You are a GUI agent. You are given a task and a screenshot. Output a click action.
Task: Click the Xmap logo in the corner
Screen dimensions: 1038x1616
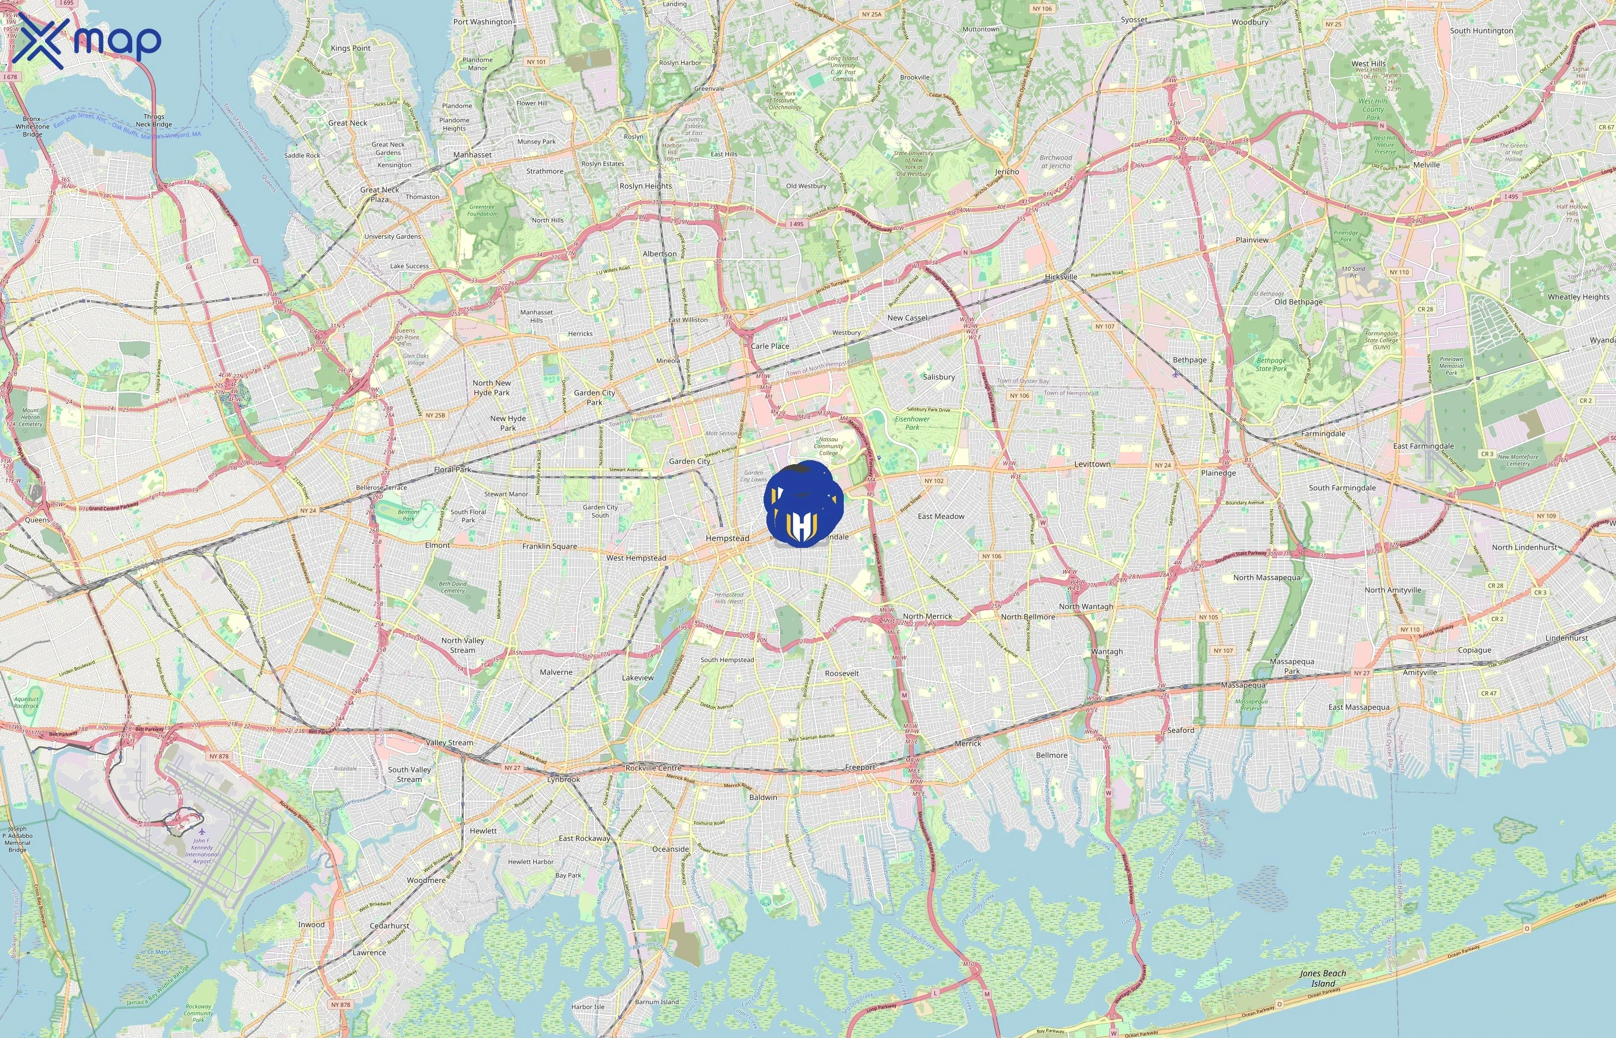coord(87,40)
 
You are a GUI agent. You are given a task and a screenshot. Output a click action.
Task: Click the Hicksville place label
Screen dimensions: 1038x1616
coord(1061,276)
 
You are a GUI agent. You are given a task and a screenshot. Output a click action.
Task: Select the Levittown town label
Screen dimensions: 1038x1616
coord(1092,464)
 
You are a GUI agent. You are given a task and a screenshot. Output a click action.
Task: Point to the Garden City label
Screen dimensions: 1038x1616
coord(689,461)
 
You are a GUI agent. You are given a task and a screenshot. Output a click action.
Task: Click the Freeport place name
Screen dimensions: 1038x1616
coord(860,767)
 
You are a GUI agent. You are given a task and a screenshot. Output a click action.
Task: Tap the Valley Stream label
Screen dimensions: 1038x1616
coord(449,742)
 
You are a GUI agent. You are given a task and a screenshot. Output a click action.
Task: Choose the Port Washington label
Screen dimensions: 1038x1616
coord(482,21)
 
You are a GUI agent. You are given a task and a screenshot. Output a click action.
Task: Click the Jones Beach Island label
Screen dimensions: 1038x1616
coord(1323,978)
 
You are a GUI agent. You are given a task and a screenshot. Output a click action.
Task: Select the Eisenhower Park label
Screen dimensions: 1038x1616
coord(912,423)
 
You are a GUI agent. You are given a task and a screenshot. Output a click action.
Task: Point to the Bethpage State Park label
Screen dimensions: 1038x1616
coord(1271,364)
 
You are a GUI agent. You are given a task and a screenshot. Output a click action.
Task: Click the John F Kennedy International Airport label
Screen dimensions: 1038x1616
coord(201,851)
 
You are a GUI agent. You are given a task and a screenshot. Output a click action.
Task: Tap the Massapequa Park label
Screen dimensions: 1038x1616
coord(1292,666)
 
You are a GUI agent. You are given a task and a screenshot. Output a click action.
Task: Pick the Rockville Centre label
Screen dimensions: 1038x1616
coord(653,768)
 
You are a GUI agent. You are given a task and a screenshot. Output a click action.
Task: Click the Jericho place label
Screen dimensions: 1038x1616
coord(1007,171)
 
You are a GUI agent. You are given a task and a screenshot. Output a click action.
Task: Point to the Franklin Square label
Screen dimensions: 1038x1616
coord(549,546)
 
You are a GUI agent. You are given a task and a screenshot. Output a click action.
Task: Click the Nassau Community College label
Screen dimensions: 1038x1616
coord(828,446)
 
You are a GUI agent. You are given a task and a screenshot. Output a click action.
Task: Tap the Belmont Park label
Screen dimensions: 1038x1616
coord(408,515)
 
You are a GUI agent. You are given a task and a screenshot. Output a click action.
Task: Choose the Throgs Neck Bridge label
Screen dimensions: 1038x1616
coord(154,120)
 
